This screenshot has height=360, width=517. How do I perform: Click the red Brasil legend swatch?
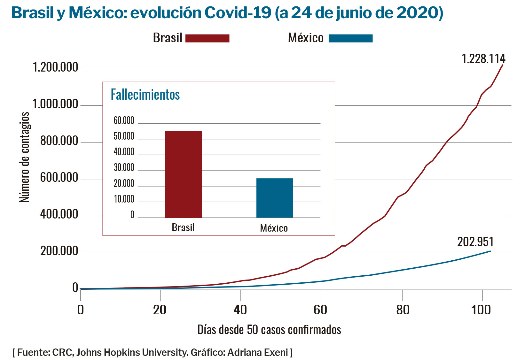click(x=207, y=38)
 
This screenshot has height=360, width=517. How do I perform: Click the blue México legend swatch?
click(x=350, y=38)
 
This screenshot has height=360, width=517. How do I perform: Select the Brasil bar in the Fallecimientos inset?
click(x=183, y=174)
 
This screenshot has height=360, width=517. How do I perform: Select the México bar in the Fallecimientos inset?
click(x=274, y=198)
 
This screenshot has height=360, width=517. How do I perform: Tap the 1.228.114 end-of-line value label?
click(x=483, y=59)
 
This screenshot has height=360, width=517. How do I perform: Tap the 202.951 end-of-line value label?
click(x=475, y=242)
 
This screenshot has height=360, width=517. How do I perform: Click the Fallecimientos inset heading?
click(x=145, y=95)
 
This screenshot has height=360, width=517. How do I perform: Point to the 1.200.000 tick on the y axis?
click(x=55, y=67)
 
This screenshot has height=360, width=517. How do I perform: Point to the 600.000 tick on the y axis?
click(x=59, y=178)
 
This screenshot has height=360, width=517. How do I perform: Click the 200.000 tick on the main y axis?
click(x=59, y=251)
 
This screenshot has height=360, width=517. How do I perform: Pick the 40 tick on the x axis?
click(x=240, y=310)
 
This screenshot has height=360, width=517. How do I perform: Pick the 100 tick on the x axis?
click(x=481, y=310)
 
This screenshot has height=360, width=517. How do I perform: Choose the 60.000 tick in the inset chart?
click(x=124, y=121)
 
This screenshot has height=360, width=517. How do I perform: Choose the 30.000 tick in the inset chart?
click(x=124, y=168)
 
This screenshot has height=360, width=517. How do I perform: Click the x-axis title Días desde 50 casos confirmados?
click(x=269, y=330)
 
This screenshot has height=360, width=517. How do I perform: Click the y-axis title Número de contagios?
click(x=24, y=157)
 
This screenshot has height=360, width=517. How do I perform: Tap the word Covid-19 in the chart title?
click(x=237, y=13)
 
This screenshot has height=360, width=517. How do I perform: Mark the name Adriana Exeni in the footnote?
click(x=258, y=352)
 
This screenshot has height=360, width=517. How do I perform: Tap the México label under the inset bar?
click(x=274, y=228)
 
